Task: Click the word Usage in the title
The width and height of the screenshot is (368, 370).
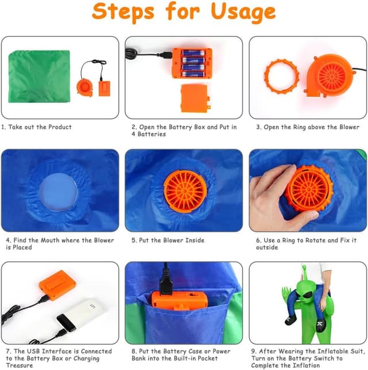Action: [243, 12]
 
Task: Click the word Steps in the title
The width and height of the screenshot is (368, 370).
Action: [123, 12]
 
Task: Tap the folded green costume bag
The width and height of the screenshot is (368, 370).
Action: [39, 76]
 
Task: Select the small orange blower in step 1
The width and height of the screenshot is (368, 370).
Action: [85, 87]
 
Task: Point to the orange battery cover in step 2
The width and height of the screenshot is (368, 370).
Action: [195, 98]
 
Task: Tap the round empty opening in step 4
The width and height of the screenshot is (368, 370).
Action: [58, 192]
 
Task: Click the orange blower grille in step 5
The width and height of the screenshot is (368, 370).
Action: [185, 191]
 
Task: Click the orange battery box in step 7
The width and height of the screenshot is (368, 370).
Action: [57, 285]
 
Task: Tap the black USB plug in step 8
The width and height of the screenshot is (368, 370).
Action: [166, 282]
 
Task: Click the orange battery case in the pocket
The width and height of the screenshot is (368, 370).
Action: [179, 300]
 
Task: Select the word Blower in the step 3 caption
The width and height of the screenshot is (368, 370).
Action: [349, 127]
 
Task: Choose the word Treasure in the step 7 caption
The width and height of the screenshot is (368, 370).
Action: [20, 365]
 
